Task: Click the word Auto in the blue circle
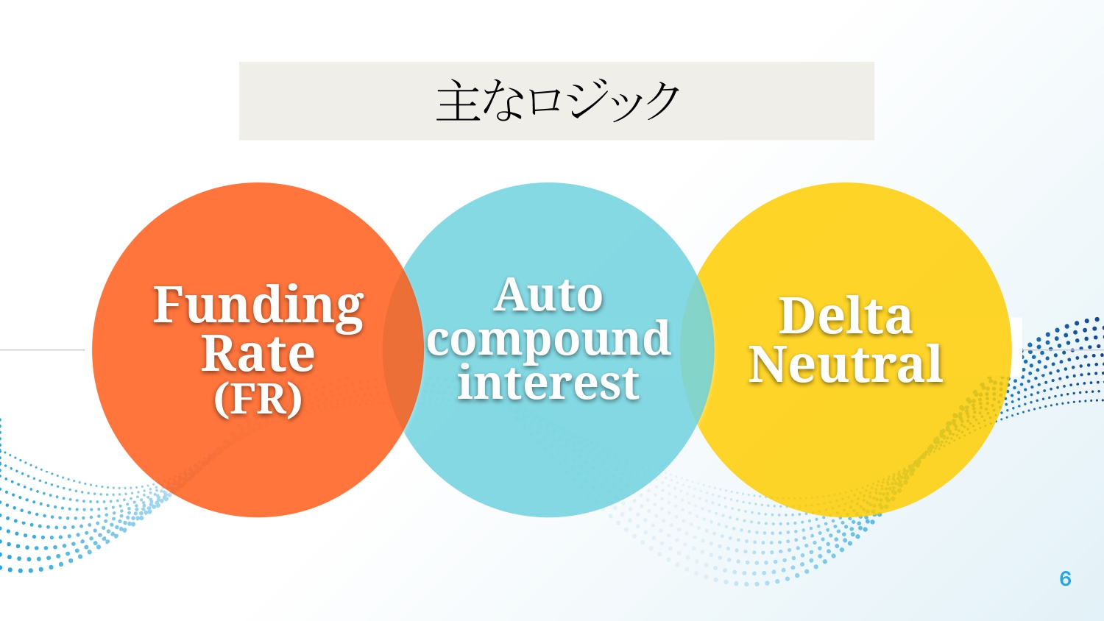click(548, 296)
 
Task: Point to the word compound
click(548, 340)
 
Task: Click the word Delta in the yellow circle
click(846, 316)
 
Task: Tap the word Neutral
click(846, 364)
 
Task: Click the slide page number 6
click(1065, 579)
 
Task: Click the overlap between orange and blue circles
click(403, 349)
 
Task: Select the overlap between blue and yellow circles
click(697, 349)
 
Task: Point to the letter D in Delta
click(796, 316)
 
